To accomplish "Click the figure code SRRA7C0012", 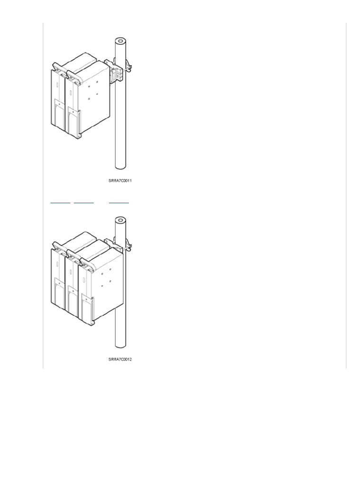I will pyautogui.click(x=120, y=359).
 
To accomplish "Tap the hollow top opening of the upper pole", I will pyautogui.click(x=120, y=41).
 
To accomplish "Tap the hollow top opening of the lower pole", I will pyautogui.click(x=120, y=220).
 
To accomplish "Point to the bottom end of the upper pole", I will pyautogui.click(x=120, y=168).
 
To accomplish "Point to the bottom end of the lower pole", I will pyautogui.click(x=120, y=346).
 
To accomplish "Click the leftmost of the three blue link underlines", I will pyautogui.click(x=60, y=203).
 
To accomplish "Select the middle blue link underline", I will pyautogui.click(x=83, y=203).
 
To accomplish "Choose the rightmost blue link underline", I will pyautogui.click(x=118, y=203).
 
